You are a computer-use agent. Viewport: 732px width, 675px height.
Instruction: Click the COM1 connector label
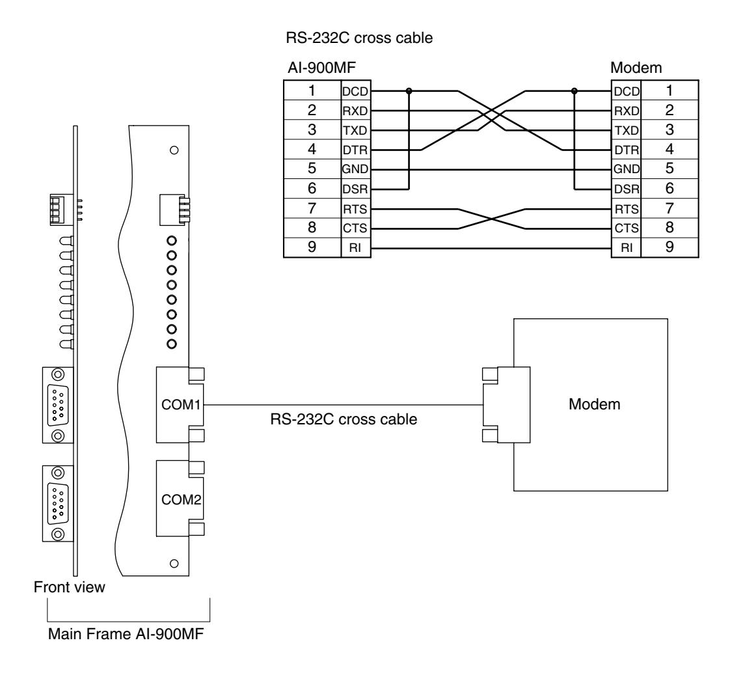click(181, 404)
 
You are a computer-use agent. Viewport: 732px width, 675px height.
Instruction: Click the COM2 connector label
click(181, 500)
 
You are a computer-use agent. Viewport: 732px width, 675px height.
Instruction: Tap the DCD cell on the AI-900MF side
click(355, 91)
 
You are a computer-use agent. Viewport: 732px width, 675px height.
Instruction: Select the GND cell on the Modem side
click(627, 169)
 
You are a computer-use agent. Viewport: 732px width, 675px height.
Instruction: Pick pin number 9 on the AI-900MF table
click(312, 247)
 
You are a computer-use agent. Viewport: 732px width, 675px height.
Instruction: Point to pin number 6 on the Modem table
click(670, 188)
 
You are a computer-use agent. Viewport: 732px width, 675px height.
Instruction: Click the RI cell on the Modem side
click(627, 248)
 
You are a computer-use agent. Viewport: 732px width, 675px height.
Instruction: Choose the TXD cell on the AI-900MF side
click(355, 130)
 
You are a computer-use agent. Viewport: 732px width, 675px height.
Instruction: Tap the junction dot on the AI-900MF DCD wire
click(409, 90)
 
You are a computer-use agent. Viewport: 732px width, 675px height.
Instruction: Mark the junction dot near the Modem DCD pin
click(574, 90)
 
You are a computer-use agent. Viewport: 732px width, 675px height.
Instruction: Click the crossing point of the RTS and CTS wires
click(492, 219)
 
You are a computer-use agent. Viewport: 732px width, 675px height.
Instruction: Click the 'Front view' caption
click(69, 586)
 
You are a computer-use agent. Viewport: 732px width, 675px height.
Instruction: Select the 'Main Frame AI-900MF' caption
click(126, 634)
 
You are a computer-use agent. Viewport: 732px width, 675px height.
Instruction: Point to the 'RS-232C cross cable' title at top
click(359, 38)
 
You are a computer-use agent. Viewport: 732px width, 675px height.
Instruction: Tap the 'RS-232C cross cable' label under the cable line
click(344, 419)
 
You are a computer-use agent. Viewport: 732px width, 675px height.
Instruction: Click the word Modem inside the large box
click(594, 404)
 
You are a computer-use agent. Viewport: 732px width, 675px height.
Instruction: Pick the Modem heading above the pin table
click(636, 68)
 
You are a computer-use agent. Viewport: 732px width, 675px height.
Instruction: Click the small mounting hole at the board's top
click(174, 150)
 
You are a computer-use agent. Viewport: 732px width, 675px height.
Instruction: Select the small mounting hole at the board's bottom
click(174, 563)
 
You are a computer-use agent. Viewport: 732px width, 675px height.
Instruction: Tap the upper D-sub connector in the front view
click(58, 405)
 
